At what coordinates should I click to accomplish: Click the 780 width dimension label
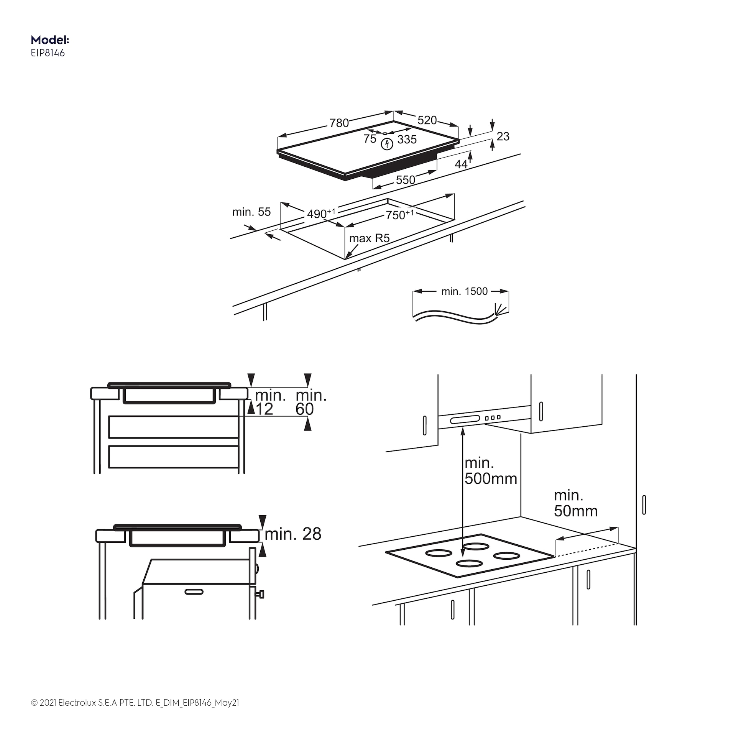(x=339, y=123)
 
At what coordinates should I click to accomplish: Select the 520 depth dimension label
(x=427, y=120)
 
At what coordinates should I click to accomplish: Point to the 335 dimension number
(x=407, y=140)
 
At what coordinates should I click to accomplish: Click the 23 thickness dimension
(x=503, y=136)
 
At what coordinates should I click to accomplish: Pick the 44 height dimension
(x=461, y=164)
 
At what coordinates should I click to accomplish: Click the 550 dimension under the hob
(x=405, y=180)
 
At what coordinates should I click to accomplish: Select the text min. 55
(x=251, y=212)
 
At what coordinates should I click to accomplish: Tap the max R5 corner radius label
(x=369, y=238)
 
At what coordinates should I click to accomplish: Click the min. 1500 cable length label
(x=464, y=291)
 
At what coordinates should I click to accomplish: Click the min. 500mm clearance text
(x=490, y=471)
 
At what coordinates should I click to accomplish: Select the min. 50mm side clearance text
(x=575, y=503)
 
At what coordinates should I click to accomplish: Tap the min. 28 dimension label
(x=293, y=534)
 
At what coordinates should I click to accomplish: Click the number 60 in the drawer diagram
(x=305, y=409)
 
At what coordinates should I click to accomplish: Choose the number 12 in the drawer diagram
(x=264, y=409)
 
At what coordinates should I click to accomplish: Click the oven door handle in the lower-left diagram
(x=194, y=592)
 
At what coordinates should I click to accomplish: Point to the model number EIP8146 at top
(x=48, y=53)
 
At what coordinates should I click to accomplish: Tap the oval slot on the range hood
(x=465, y=419)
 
